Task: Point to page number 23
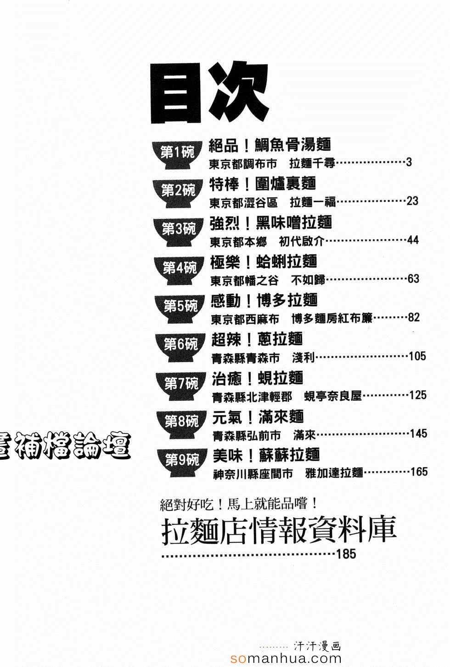coord(412,201)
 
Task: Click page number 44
coord(412,240)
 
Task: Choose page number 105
coord(417,356)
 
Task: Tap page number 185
coord(346,554)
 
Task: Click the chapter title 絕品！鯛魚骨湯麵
coord(270,145)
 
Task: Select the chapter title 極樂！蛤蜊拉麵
coord(264,262)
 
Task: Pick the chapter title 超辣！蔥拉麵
coord(257,339)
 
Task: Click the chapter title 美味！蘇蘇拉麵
coord(266,455)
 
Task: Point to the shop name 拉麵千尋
coord(312,163)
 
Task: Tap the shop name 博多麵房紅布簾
coord(332,318)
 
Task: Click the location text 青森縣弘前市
coord(247,436)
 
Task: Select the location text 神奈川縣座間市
coord(253,474)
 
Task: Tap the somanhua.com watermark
coord(286,659)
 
